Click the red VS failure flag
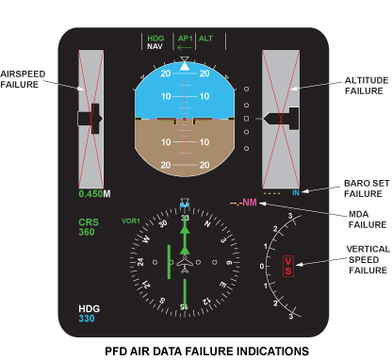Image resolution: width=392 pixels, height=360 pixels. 288,266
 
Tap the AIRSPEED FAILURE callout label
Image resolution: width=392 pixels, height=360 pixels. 23,79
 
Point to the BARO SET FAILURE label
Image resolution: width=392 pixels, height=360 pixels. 367,188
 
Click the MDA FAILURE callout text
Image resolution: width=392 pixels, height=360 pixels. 367,220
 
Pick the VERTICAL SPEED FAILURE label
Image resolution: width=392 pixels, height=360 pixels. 368,259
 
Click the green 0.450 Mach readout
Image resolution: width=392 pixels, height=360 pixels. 91,194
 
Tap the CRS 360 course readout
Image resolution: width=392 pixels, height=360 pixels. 89,227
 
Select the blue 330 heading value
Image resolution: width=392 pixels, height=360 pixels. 87,319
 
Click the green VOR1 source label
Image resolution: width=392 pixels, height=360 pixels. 131,221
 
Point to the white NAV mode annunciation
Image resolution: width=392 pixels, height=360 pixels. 155,46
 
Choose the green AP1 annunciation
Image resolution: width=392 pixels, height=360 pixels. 185,39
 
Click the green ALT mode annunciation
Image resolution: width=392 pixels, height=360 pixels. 205,39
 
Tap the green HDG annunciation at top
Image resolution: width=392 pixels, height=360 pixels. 155,39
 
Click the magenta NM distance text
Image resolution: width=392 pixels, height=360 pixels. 250,203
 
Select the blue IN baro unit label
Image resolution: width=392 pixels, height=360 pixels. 296,193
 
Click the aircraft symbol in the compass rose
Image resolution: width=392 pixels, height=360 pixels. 185,264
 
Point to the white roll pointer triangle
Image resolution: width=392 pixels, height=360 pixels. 185,66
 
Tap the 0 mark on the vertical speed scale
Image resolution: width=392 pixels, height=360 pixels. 262,267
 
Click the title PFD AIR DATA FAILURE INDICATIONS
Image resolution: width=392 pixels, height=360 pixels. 206,352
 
